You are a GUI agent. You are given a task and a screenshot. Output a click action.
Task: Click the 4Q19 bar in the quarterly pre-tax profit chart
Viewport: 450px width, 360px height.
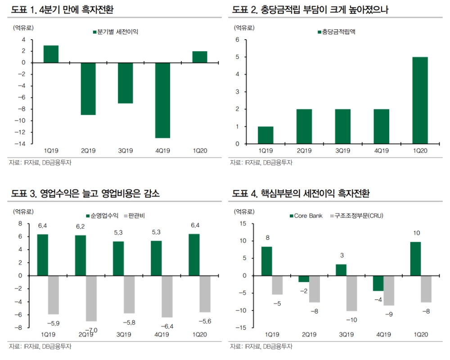click(162, 100)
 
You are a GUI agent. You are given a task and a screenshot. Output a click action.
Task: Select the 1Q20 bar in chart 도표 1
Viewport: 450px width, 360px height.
click(200, 57)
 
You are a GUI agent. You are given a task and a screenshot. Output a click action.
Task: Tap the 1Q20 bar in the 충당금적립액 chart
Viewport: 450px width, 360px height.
click(420, 100)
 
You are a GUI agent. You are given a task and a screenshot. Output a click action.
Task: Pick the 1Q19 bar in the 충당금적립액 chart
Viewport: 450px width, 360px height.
click(265, 135)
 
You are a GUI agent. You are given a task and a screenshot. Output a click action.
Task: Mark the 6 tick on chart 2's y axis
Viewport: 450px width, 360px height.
click(237, 40)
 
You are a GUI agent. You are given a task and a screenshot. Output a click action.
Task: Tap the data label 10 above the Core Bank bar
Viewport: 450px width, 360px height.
click(416, 233)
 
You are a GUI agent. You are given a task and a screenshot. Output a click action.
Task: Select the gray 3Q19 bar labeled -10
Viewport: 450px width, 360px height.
click(351, 293)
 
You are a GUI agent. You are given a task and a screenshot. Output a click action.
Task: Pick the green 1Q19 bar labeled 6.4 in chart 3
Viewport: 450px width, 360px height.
click(42, 255)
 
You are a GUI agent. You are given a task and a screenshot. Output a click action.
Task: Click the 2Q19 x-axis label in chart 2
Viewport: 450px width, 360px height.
click(304, 151)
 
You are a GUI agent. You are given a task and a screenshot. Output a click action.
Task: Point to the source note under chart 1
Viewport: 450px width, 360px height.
click(40, 162)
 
